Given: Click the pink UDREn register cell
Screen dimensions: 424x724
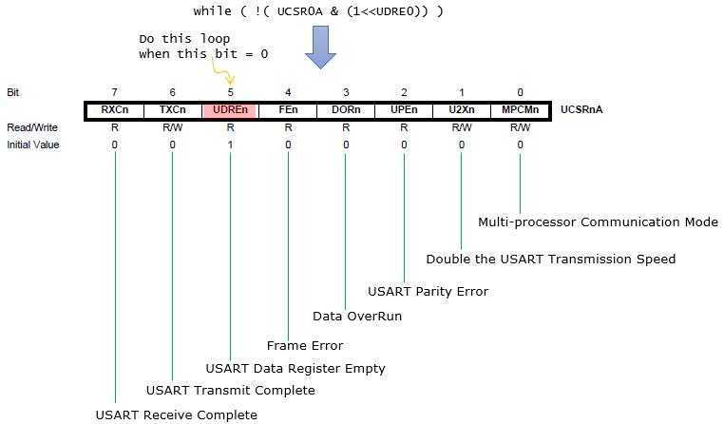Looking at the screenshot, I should click(230, 110).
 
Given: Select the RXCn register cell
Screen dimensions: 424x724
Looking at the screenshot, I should click(114, 110).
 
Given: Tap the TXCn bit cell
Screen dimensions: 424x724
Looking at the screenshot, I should click(172, 110).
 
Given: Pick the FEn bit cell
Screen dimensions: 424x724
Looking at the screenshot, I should click(288, 110).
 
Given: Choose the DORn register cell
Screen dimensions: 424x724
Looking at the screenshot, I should click(346, 110).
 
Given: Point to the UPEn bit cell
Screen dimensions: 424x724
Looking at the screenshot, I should click(404, 110).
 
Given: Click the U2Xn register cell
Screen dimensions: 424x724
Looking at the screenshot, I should click(462, 110).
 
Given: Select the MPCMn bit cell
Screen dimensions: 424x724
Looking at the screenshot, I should click(520, 110).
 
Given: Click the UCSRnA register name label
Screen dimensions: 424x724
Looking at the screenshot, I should click(582, 110).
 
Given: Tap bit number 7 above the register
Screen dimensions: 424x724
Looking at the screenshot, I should click(114, 92).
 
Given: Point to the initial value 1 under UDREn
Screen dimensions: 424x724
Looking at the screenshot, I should click(230, 145).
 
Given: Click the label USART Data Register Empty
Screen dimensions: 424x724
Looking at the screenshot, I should click(295, 368).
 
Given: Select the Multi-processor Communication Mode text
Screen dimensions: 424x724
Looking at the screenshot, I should click(598, 222).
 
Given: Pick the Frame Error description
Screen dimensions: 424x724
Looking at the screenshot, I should click(305, 345).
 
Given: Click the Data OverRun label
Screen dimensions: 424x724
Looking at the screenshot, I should click(356, 316).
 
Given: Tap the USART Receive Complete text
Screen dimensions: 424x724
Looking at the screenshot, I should click(177, 414).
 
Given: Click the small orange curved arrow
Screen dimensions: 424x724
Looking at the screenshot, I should click(226, 72).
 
